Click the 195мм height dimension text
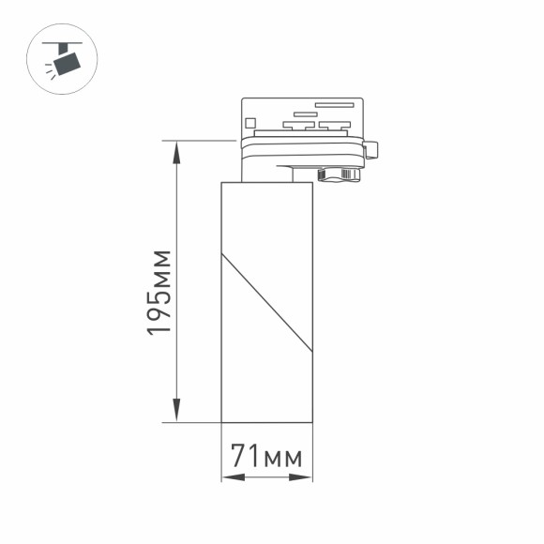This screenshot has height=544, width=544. tap(159, 294)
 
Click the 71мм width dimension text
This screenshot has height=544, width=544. tap(267, 457)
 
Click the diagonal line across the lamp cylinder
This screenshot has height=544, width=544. tap(267, 302)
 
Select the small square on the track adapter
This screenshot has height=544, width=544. tap(250, 122)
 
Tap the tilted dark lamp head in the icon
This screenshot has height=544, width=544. tap(68, 63)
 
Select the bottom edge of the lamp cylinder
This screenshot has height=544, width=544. tap(266, 422)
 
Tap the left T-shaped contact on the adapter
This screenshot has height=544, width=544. tap(297, 125)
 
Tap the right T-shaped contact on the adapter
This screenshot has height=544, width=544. tap(333, 125)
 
